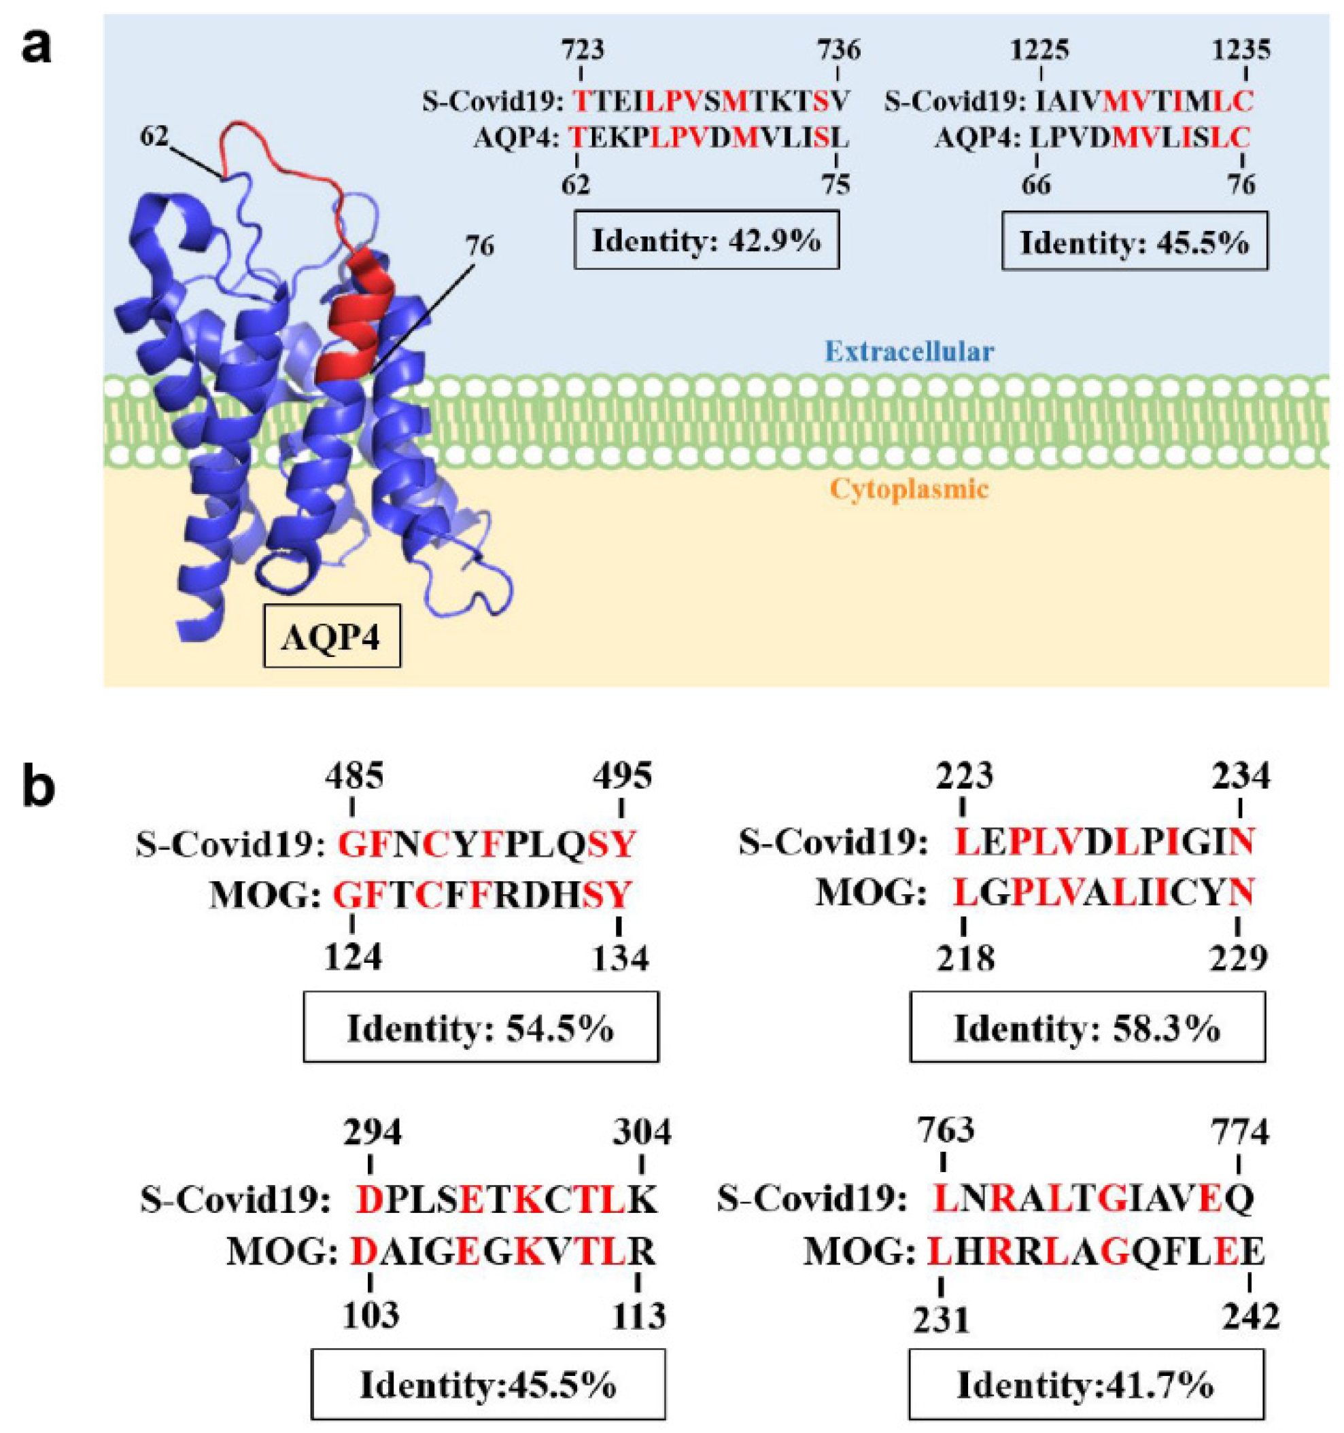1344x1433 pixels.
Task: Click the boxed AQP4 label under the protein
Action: [332, 636]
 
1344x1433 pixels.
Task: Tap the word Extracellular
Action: [909, 352]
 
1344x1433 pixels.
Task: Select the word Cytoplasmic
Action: [908, 489]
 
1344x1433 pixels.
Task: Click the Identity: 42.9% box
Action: [706, 240]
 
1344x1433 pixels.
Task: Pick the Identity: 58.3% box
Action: [1086, 1028]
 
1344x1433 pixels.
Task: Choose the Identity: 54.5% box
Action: [480, 1028]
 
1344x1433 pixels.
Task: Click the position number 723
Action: [583, 51]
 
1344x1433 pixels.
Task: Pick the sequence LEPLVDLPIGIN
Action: [1105, 841]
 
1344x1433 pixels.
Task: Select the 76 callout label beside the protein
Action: [479, 247]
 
